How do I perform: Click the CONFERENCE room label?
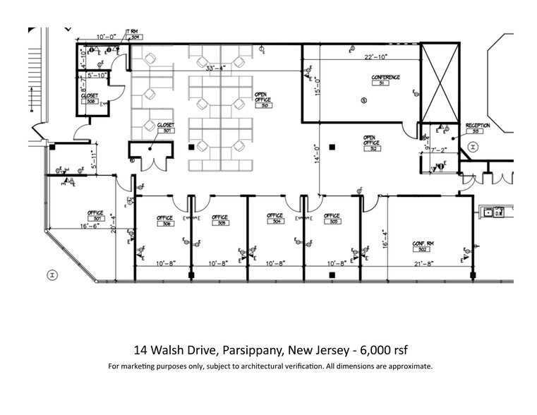tap(386, 77)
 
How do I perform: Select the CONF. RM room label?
tap(423, 243)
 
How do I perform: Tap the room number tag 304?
tap(274, 222)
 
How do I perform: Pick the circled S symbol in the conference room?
tap(364, 101)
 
